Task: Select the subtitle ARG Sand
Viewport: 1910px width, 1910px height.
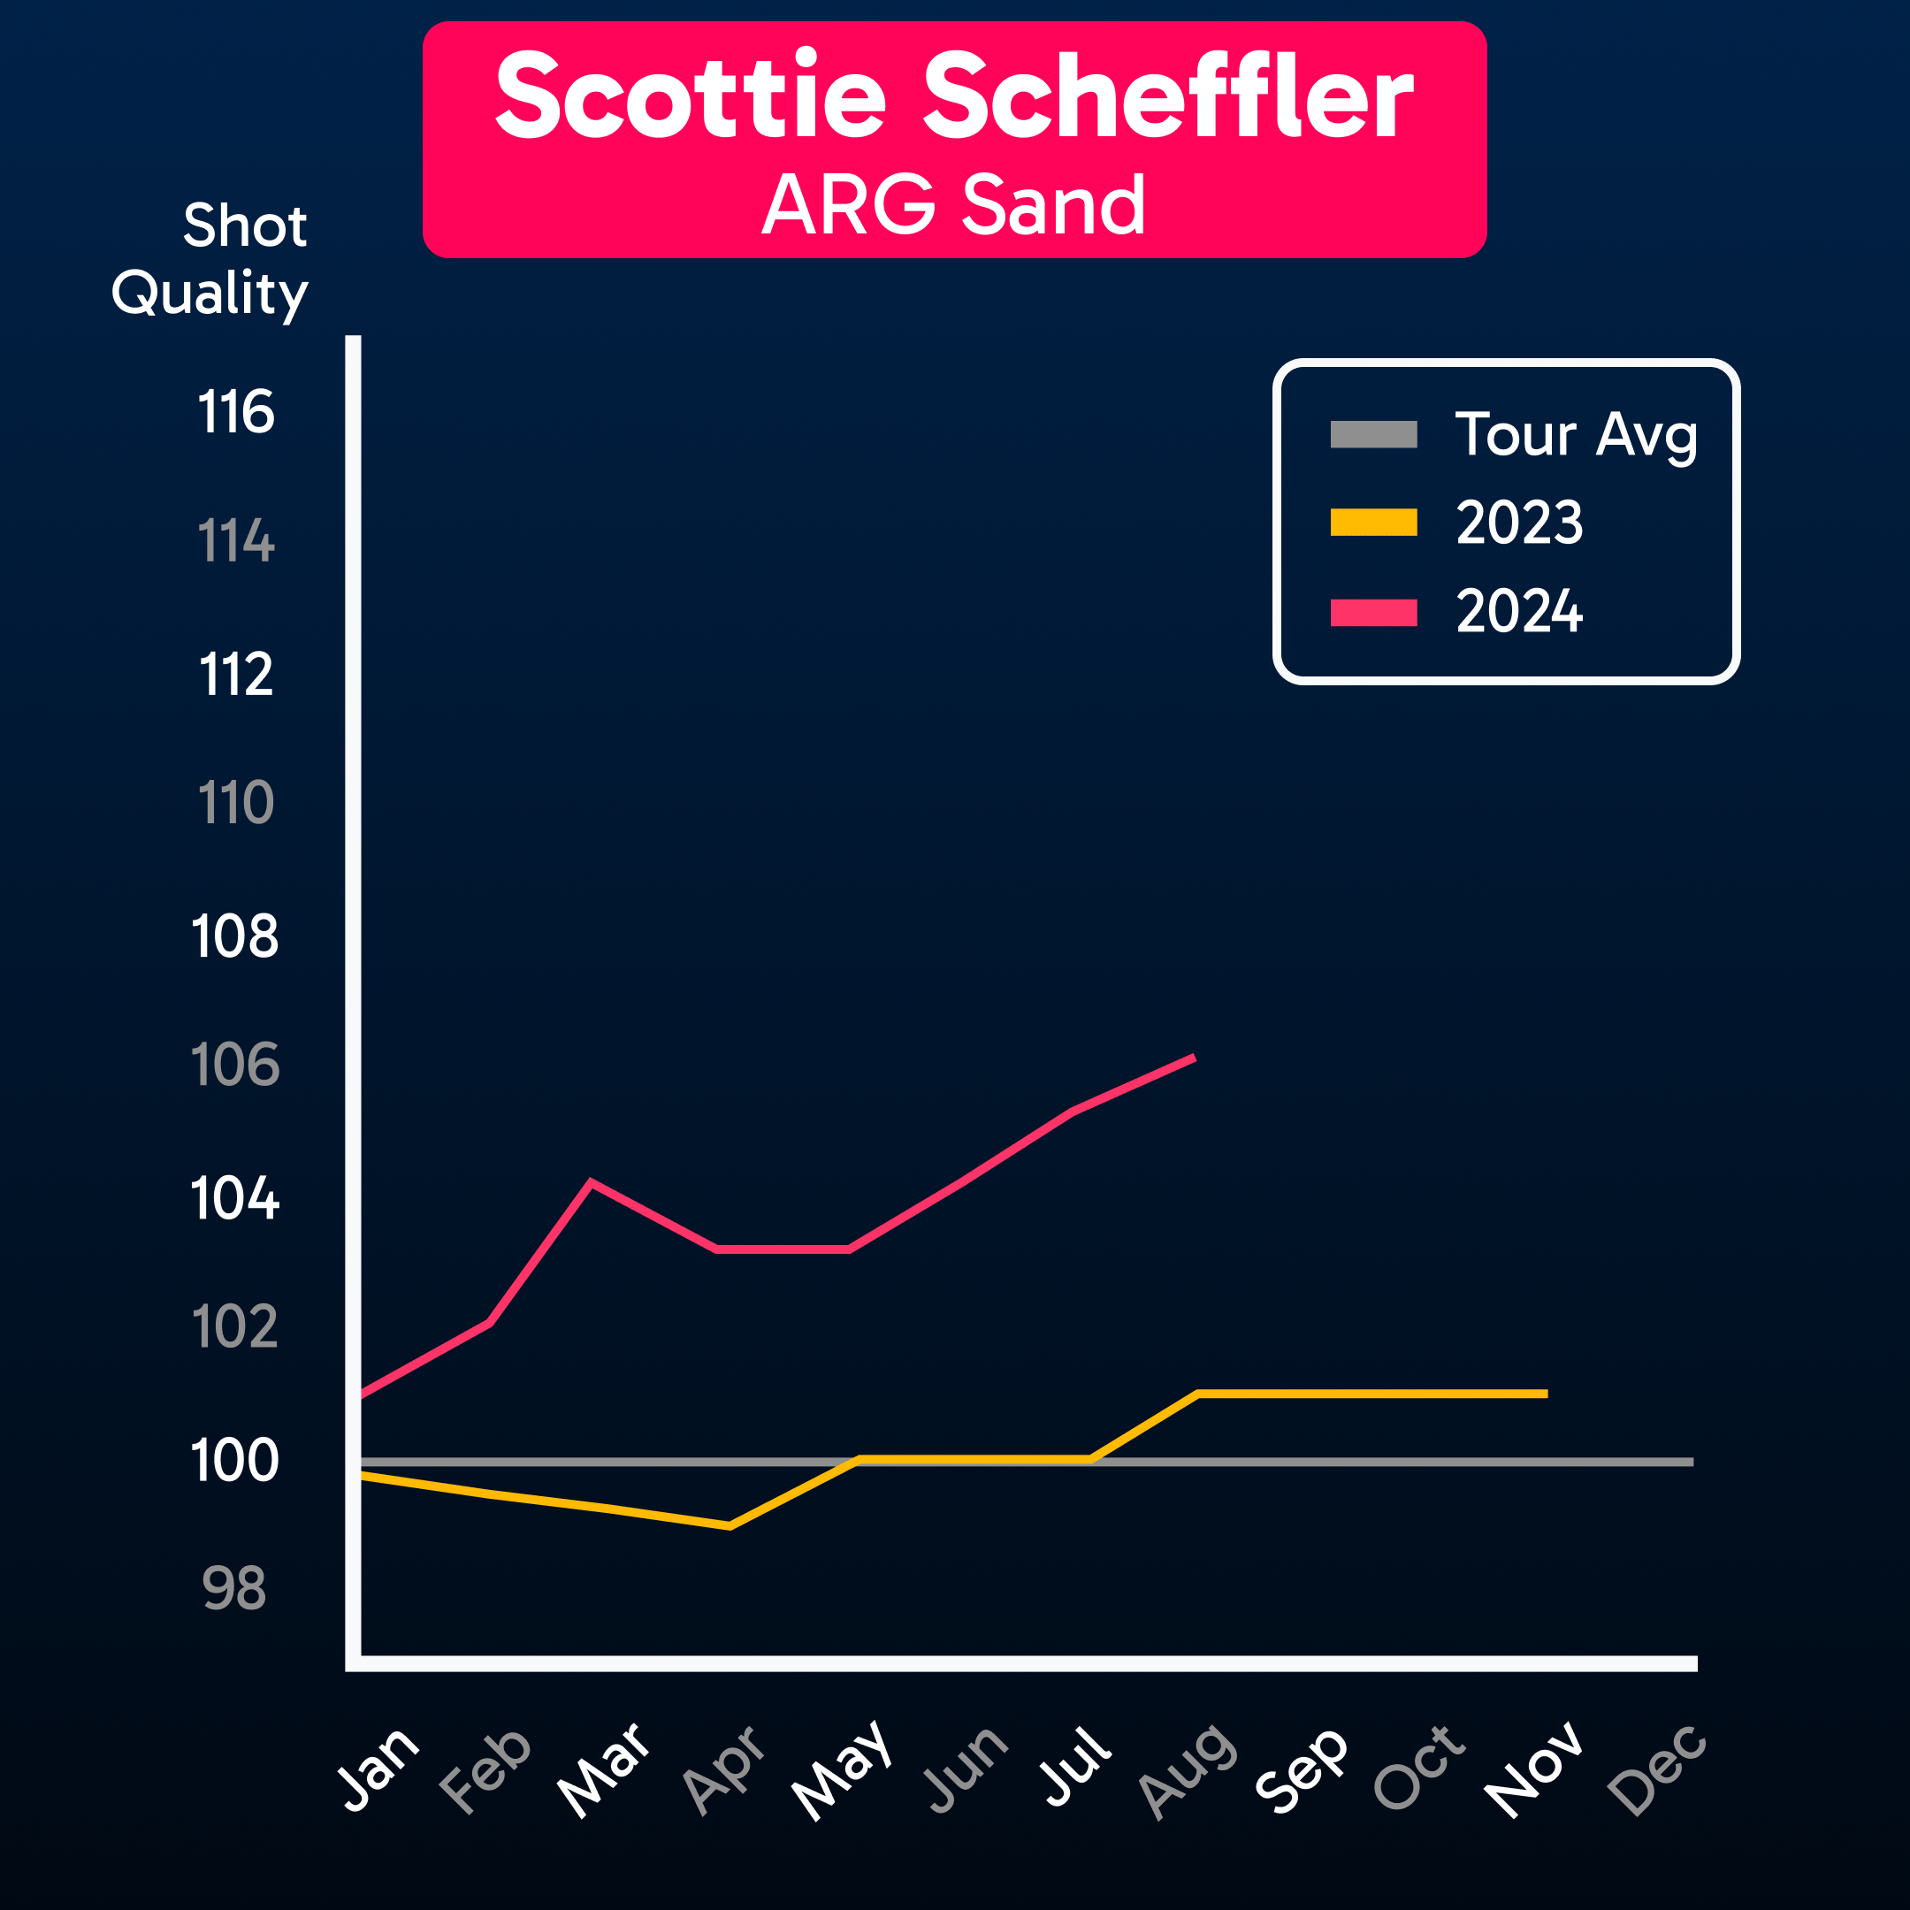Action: tap(954, 204)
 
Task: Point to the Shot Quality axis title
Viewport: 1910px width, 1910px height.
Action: tap(210, 259)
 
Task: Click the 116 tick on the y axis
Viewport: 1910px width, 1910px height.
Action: tap(236, 412)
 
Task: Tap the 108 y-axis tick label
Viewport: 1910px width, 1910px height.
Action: tap(235, 936)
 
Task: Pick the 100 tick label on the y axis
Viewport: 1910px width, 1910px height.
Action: tap(235, 1460)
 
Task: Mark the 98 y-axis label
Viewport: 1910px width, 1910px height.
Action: tap(235, 1589)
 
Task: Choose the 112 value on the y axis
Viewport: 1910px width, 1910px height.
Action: tap(236, 676)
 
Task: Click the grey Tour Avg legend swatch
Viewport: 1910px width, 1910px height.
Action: tap(1373, 435)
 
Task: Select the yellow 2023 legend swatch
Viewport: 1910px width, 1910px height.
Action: tap(1373, 522)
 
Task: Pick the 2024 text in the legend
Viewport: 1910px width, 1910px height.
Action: tap(1519, 611)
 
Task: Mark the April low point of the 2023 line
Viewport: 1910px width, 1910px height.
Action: tap(730, 1526)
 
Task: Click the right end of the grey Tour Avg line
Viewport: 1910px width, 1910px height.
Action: tap(1692, 1461)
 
